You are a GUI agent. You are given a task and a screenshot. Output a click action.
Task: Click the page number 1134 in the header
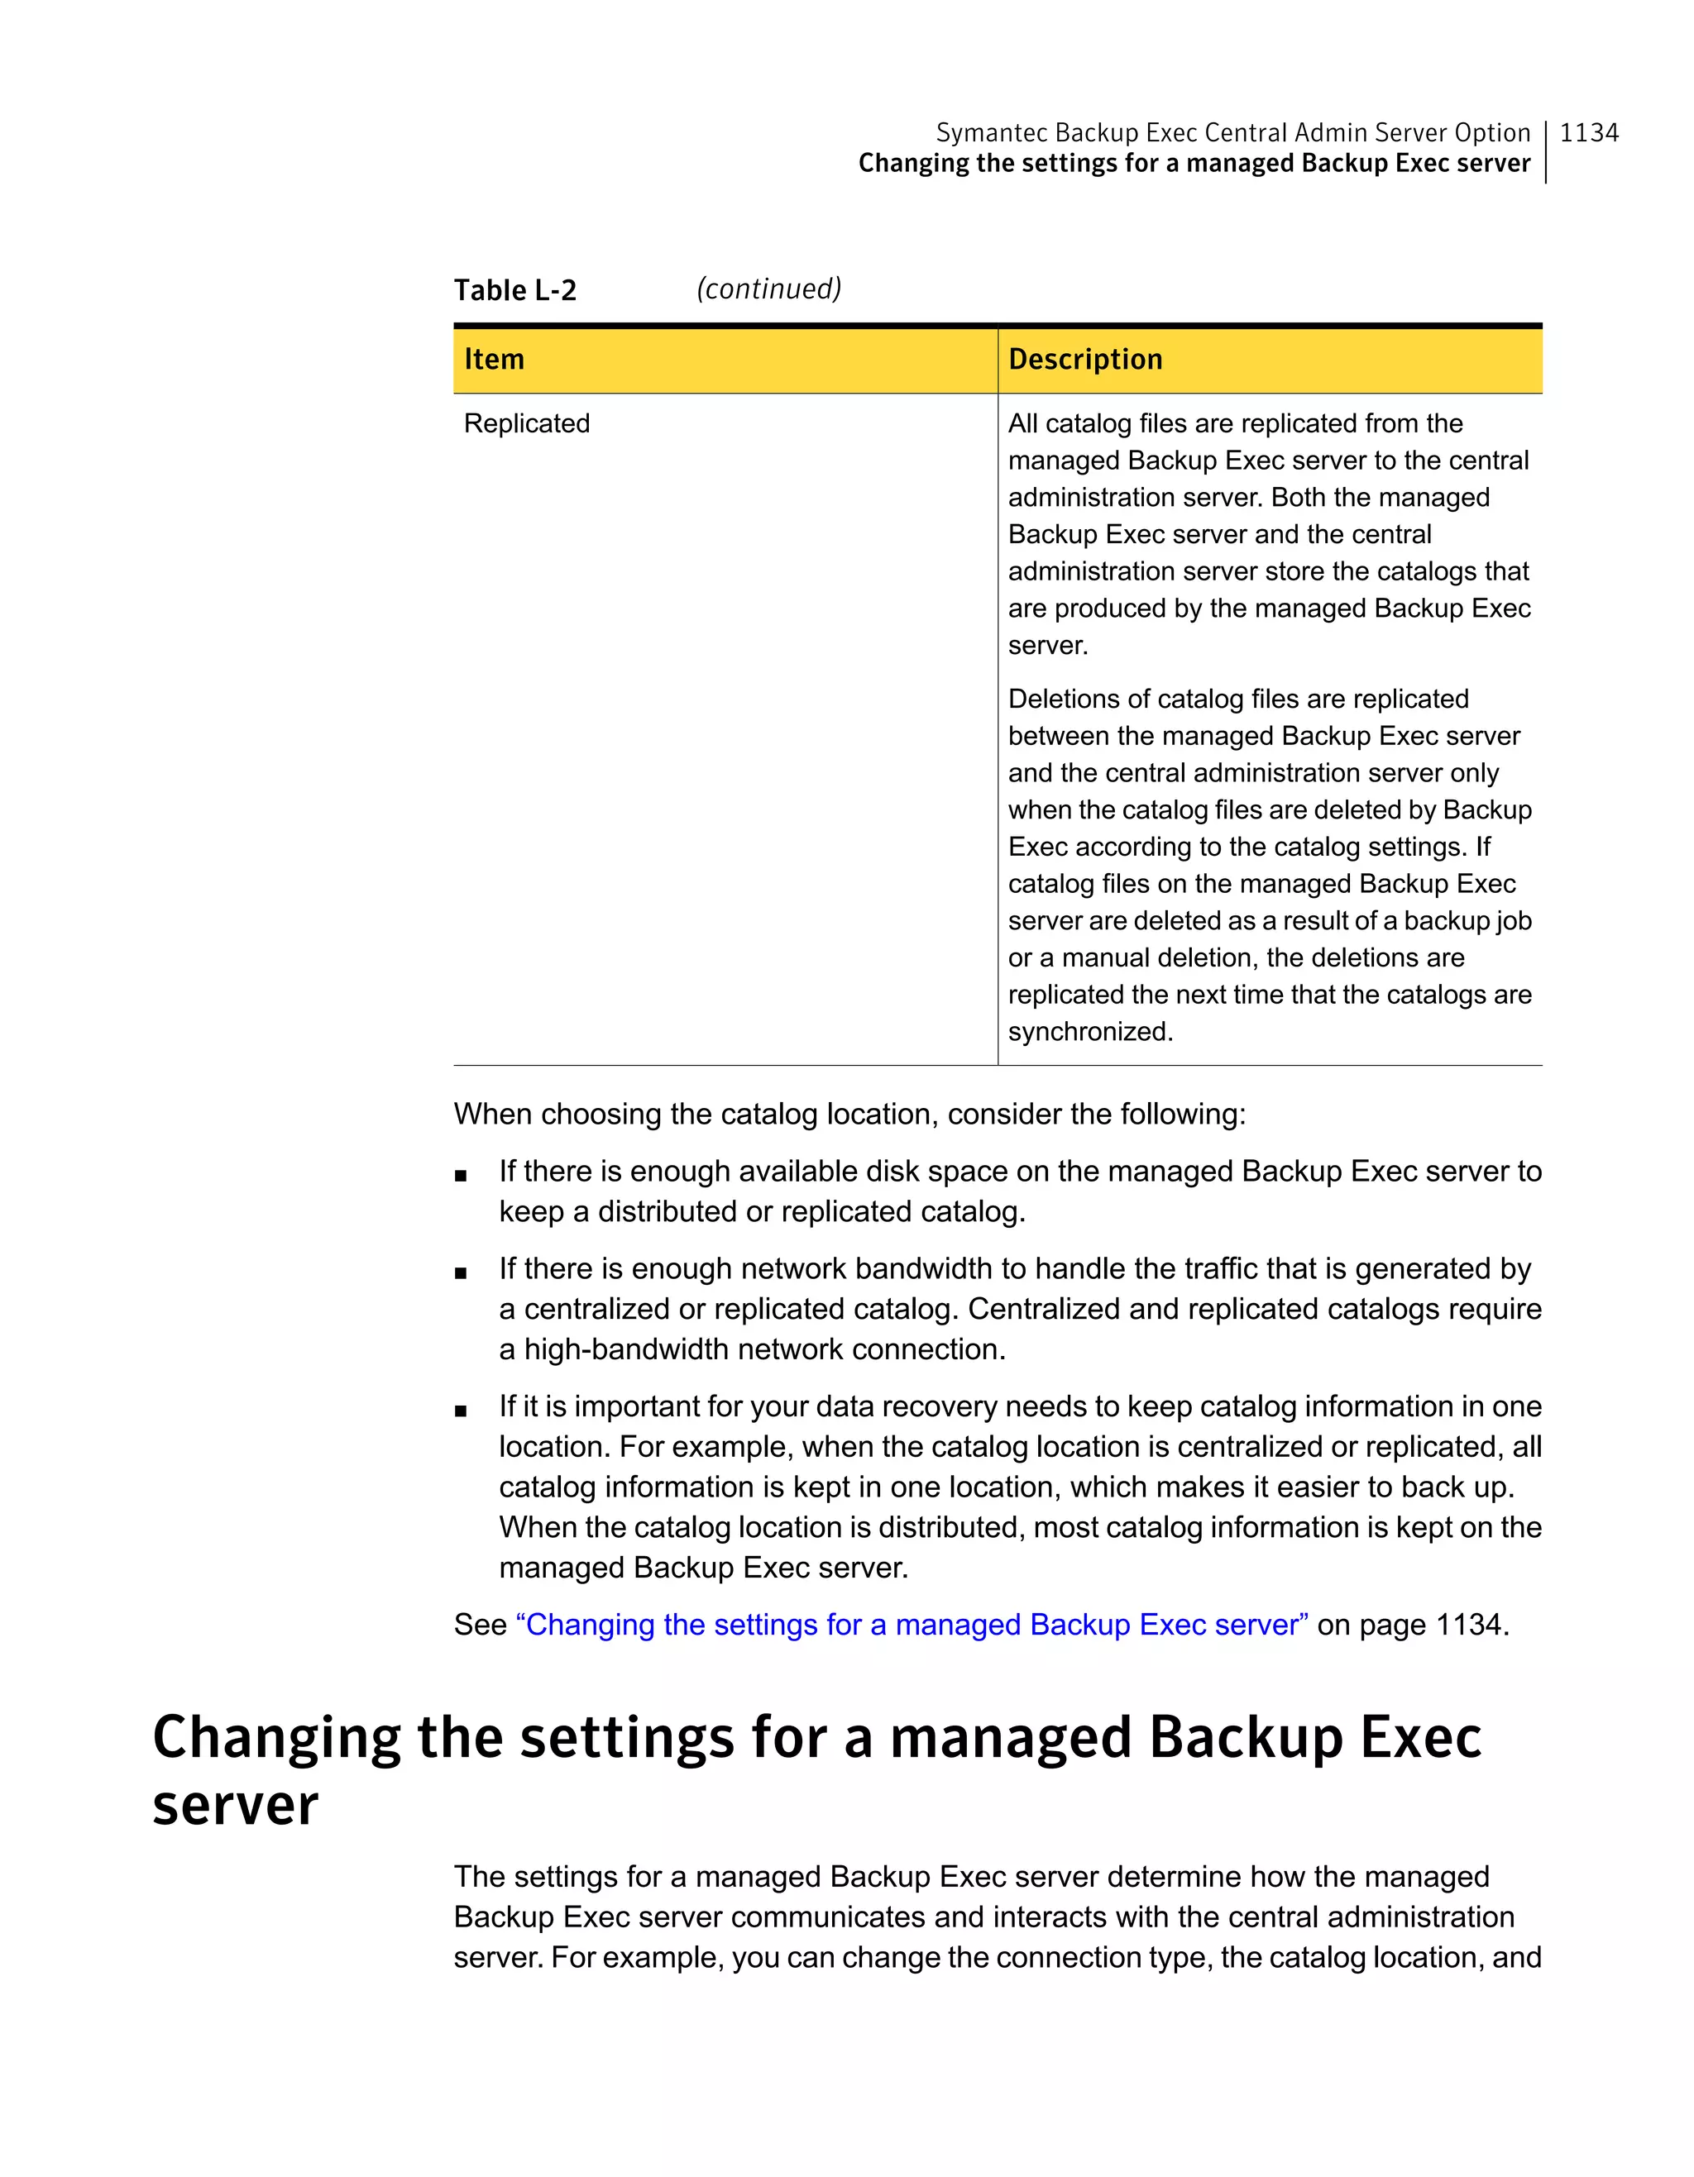click(x=1588, y=132)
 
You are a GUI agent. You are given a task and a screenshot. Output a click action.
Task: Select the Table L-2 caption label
click(x=514, y=290)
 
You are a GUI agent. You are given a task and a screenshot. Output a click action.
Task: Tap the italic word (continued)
click(x=768, y=289)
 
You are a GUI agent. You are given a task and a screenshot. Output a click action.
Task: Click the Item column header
click(x=494, y=359)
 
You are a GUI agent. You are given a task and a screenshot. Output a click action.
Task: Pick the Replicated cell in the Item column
click(x=526, y=423)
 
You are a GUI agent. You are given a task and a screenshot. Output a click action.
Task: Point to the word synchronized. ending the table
click(x=1090, y=1032)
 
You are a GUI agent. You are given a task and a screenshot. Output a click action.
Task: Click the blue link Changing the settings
click(x=912, y=1625)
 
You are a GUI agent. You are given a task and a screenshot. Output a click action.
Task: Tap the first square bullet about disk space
click(x=461, y=1175)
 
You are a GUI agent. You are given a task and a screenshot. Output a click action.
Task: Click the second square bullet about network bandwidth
click(x=461, y=1273)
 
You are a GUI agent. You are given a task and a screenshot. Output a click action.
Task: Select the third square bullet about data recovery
click(x=461, y=1411)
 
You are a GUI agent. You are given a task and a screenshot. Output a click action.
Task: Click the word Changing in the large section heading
click(x=276, y=1736)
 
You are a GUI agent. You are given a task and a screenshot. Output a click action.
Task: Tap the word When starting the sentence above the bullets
click(x=492, y=1115)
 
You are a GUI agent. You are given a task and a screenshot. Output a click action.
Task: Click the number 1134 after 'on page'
click(x=1471, y=1625)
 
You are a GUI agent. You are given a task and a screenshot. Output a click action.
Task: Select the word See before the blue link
click(x=481, y=1625)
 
